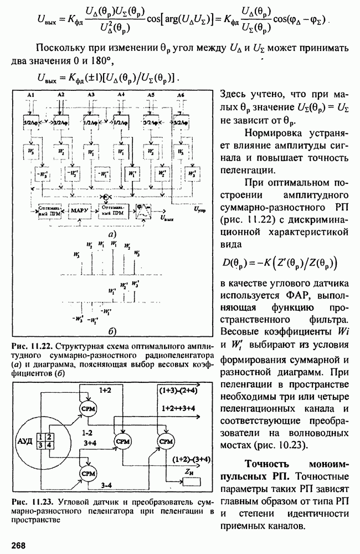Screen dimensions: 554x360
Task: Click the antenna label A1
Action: click(32, 96)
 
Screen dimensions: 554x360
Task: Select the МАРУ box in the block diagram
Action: click(81, 211)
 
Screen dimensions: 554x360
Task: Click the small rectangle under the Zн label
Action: click(191, 481)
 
